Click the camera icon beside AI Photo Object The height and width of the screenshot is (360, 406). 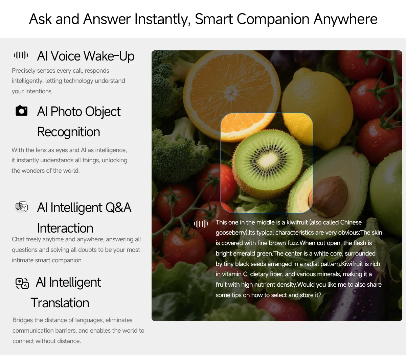click(x=22, y=111)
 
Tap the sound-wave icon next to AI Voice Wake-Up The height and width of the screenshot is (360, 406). click(x=21, y=55)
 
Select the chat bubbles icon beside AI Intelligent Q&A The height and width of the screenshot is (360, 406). click(x=22, y=207)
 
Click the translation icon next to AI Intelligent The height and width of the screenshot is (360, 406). click(x=22, y=283)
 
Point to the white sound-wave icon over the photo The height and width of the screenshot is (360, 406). click(x=201, y=224)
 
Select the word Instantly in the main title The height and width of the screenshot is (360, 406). click(x=162, y=19)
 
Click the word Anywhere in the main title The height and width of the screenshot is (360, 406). click(x=345, y=19)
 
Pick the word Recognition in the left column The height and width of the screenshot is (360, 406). click(x=69, y=132)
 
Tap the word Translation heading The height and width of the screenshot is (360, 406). click(x=60, y=303)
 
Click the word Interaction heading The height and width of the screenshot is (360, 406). click(x=65, y=228)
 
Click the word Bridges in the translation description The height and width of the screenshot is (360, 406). click(x=22, y=320)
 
